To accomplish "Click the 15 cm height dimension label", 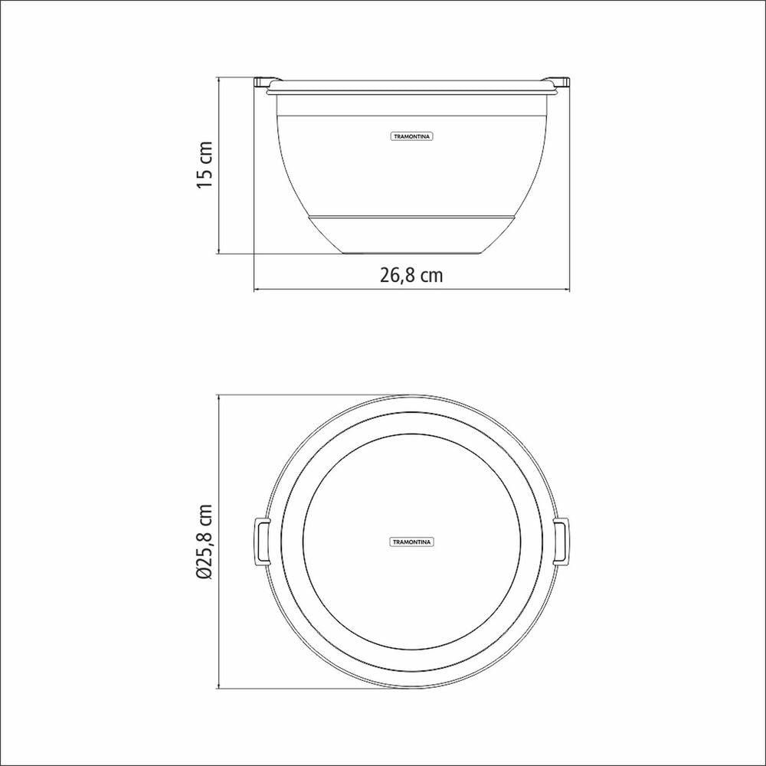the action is [205, 165].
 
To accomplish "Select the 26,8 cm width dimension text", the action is [411, 276].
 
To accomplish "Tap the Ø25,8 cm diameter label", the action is [205, 542].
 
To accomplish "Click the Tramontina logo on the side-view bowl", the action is [412, 137].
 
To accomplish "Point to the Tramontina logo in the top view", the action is [412, 542].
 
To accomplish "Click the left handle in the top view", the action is [261, 542].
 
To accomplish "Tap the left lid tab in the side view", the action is [267, 82].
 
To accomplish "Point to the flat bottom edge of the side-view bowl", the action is [412, 254].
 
